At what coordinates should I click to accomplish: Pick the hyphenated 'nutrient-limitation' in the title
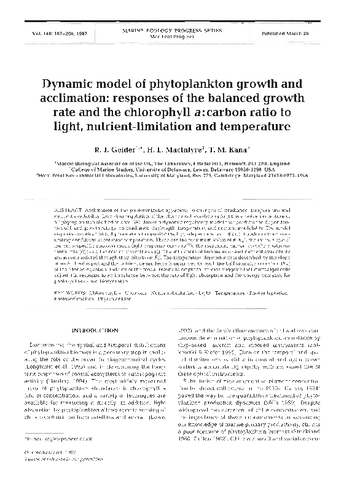[x=146, y=128]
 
